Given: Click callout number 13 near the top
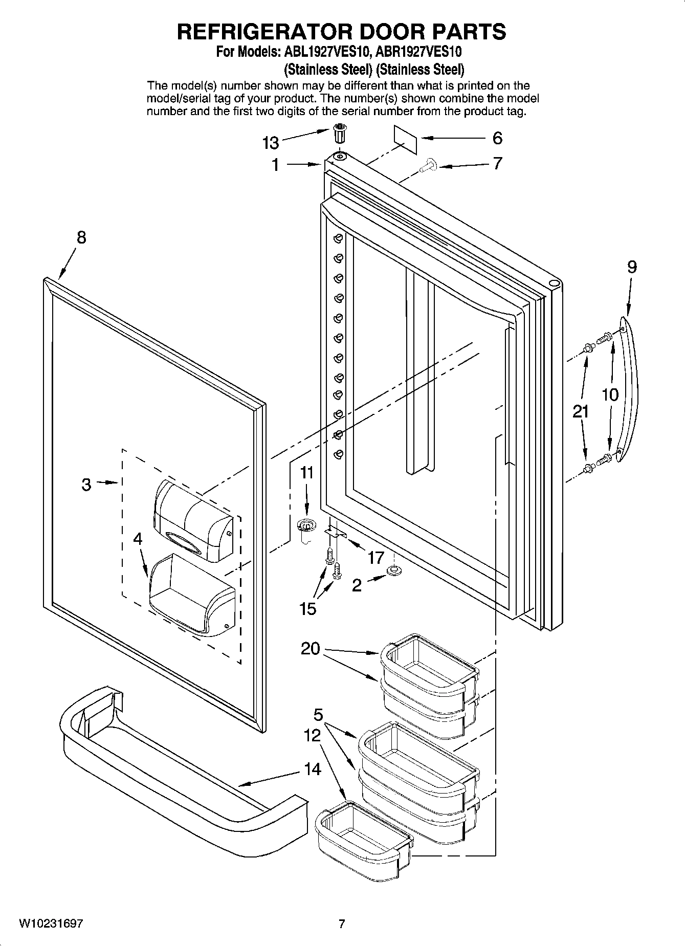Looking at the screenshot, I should tap(271, 143).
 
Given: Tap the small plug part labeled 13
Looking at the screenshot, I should tap(340, 134).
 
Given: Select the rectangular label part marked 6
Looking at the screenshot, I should tap(405, 139).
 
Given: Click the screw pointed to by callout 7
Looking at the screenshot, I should tap(427, 165).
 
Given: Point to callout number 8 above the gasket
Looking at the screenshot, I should tap(81, 237).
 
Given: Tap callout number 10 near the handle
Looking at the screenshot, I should tap(610, 394).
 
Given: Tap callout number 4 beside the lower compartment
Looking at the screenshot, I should tap(138, 538).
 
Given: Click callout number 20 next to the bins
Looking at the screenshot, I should tap(310, 649).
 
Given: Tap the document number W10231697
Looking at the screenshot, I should tap(51, 923).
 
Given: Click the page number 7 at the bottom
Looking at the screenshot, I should tap(342, 923).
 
